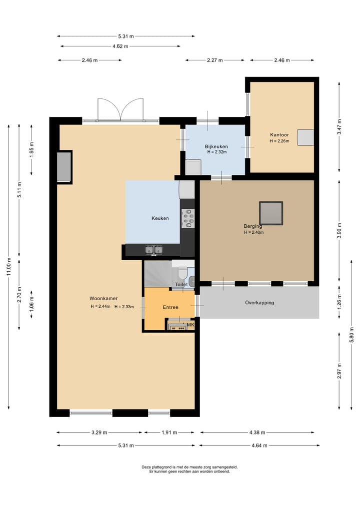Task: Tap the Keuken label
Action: (160, 218)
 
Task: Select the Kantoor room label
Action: (279, 135)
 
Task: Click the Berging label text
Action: (253, 226)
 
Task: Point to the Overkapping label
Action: (259, 303)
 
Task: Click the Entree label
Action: (170, 307)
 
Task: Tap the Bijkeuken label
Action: (216, 146)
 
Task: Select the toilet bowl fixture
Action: (182, 274)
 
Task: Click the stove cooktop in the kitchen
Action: (187, 218)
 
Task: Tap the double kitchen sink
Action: (153, 249)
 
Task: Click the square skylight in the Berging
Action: (271, 213)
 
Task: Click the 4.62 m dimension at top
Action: (120, 46)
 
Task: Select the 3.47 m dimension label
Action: (339, 127)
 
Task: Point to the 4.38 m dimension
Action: (257, 433)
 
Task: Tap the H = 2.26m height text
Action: (279, 141)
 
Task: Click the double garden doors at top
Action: (120, 110)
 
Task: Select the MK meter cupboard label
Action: (190, 325)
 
